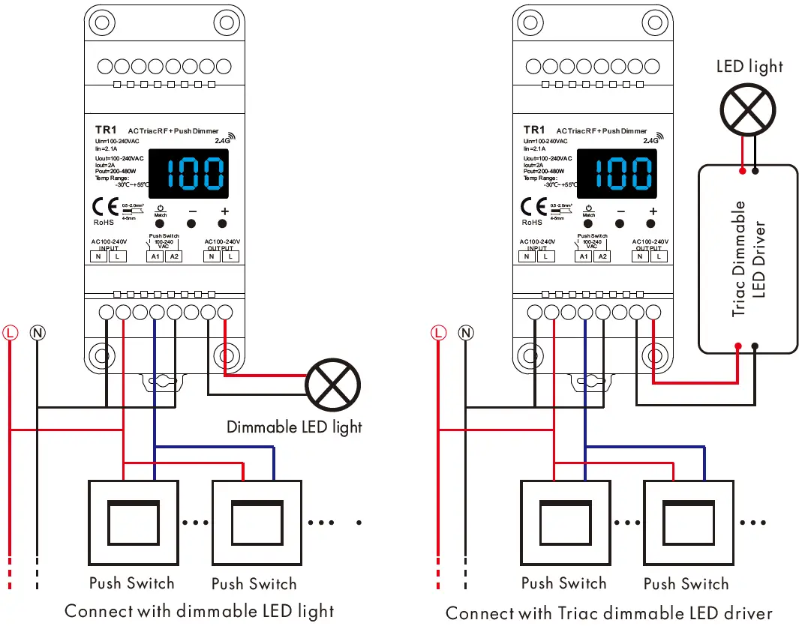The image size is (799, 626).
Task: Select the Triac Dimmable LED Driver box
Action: pyautogui.click(x=747, y=258)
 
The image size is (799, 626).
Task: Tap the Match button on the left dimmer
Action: pyautogui.click(x=160, y=223)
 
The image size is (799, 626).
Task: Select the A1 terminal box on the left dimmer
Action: pyautogui.click(x=155, y=256)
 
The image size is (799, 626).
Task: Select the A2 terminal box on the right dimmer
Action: pyautogui.click(x=602, y=256)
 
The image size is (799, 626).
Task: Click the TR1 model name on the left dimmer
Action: pyautogui.click(x=106, y=130)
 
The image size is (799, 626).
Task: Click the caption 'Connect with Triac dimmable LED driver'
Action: pyautogui.click(x=608, y=613)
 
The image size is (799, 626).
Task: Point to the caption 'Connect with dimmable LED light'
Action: pyautogui.click(x=199, y=610)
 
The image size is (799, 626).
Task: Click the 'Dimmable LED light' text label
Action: pyautogui.click(x=294, y=427)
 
